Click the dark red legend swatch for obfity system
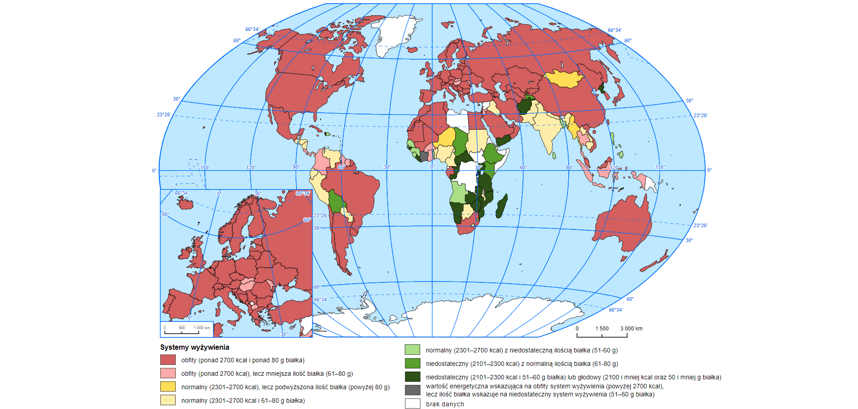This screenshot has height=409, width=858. pos(168,360)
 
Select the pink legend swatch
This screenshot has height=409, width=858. pos(168,373)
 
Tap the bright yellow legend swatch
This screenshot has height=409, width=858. pos(168,387)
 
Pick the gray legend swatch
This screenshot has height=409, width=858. pos(412,390)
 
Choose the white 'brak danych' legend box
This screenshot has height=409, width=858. pos(412,404)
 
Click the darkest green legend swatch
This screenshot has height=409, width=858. pos(412,377)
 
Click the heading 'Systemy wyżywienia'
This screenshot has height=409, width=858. pos(195,347)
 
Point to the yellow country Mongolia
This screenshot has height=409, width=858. pos(564,79)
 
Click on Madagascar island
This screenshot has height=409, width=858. pos(502,207)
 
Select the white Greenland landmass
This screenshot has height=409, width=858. pos(395,34)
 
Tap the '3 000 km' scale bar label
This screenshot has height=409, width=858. pos(631,329)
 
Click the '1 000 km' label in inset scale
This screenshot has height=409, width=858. pos(202,328)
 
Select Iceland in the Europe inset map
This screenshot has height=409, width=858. pos(185,204)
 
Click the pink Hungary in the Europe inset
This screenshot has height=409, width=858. pos(247,284)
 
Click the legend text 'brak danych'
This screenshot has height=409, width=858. pos(445,404)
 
